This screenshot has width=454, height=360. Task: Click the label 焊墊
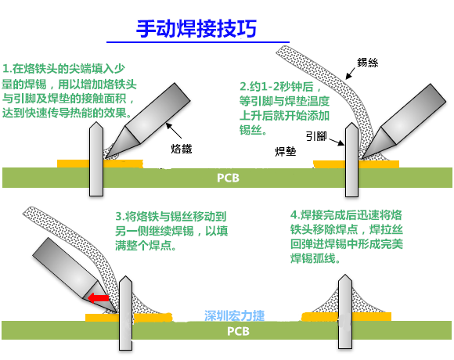click(x=286, y=149)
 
